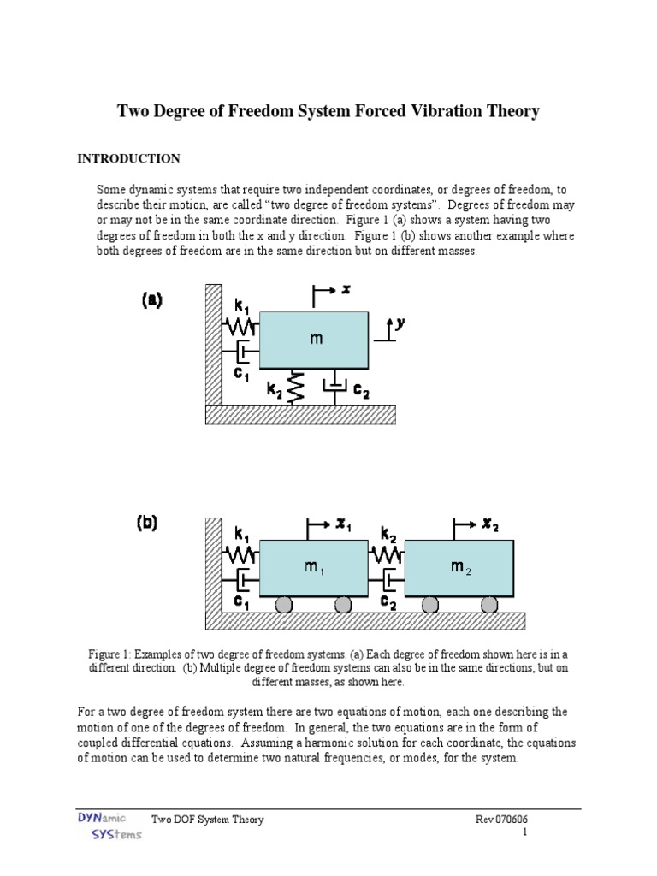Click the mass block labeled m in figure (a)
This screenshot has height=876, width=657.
click(315, 340)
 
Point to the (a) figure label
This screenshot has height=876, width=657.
click(151, 300)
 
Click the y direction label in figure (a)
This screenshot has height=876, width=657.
click(399, 323)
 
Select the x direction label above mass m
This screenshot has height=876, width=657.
click(346, 290)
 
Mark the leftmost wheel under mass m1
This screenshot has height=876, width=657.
click(285, 606)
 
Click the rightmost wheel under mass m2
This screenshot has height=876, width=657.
click(488, 606)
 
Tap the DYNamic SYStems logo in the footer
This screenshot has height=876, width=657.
click(97, 826)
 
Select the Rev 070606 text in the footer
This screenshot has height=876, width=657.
click(507, 820)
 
